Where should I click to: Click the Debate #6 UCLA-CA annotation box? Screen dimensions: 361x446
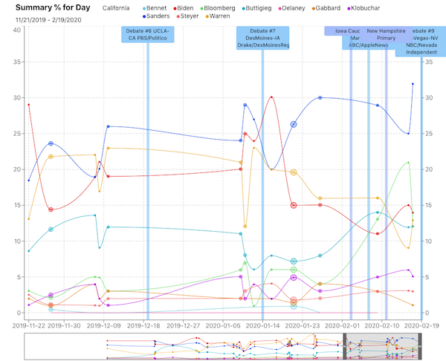click(148, 35)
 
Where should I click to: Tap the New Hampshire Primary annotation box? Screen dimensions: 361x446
click(386, 35)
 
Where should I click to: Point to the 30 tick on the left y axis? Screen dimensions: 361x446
click(16, 97)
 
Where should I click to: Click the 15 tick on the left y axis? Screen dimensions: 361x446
click(16, 205)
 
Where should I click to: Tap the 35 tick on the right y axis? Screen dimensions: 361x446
click(427, 62)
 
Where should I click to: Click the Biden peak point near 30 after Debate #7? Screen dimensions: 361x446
click(272, 97)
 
